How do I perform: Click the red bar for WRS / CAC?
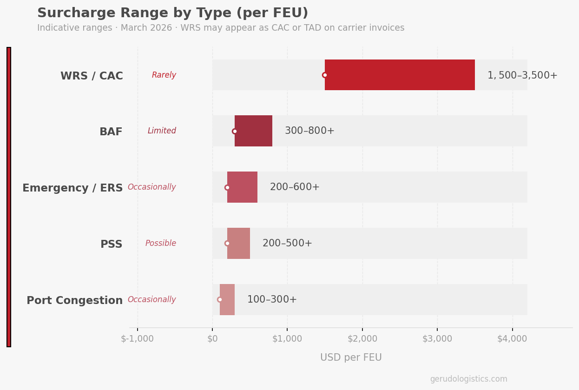(400, 75)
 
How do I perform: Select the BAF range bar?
(253, 131)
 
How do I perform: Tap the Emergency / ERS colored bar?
(242, 187)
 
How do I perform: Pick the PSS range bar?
(238, 243)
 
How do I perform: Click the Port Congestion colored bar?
(227, 299)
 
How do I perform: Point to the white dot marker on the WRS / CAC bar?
(325, 75)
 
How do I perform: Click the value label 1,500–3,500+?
(522, 75)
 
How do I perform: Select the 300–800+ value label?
(309, 131)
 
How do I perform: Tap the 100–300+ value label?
(272, 300)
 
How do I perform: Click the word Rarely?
(164, 75)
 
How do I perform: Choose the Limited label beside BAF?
(162, 131)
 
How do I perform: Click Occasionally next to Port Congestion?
(151, 300)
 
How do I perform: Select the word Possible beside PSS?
(161, 244)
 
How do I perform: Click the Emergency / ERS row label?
(72, 188)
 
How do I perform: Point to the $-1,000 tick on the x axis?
(137, 339)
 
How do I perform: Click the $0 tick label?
(212, 339)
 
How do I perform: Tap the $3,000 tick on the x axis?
(437, 339)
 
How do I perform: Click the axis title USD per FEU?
(351, 357)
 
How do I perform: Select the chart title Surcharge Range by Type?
(172, 13)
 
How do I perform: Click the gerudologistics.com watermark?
(468, 379)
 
